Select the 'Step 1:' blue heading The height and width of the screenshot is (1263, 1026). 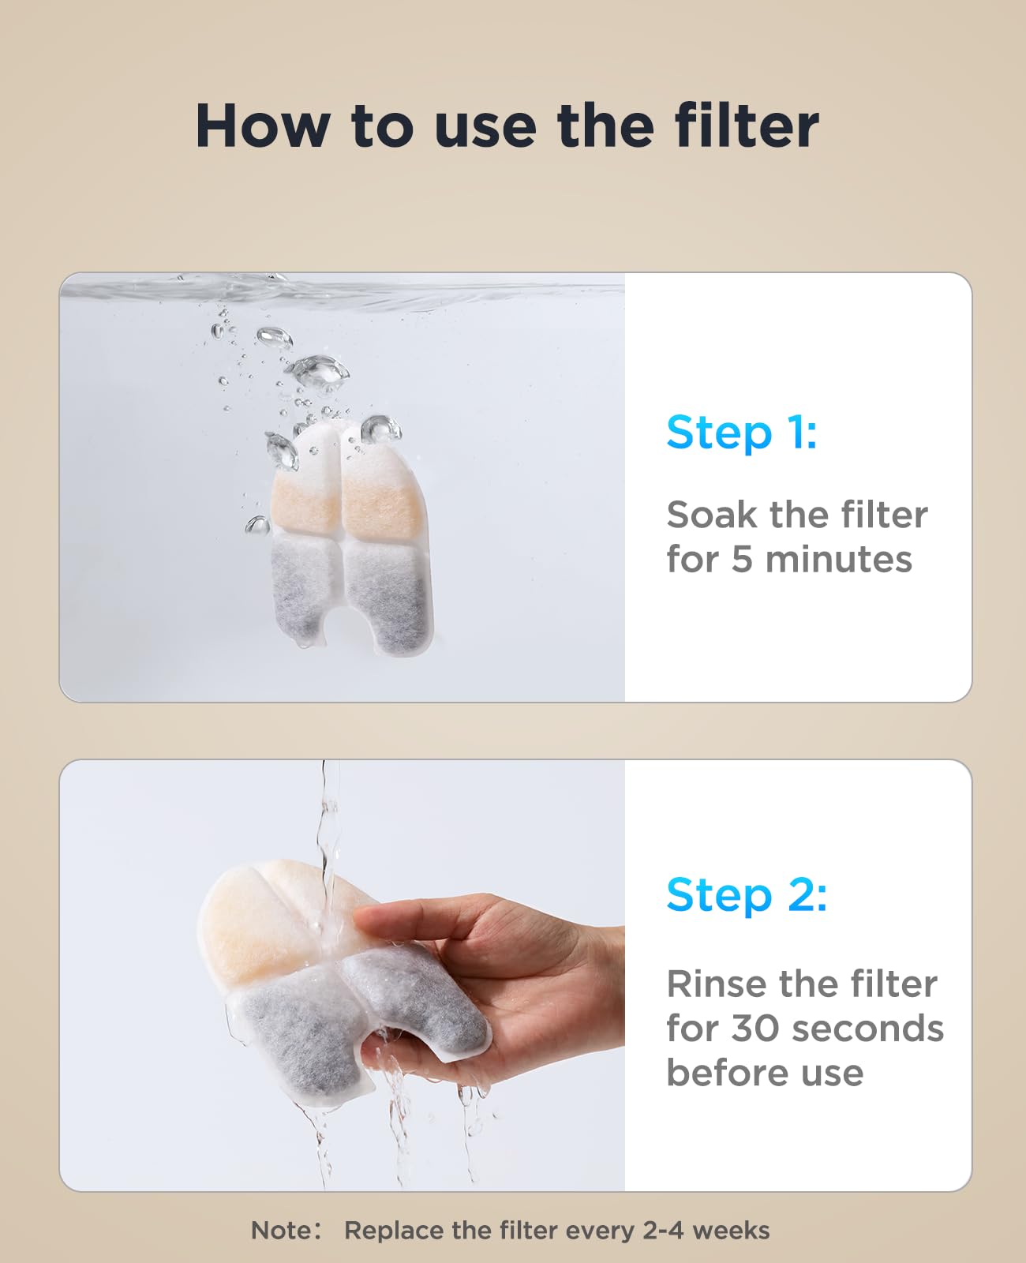(x=742, y=433)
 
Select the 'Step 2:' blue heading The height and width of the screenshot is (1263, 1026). (x=747, y=895)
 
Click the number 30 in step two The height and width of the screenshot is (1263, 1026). (x=756, y=1029)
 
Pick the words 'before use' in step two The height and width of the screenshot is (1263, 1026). (x=764, y=1073)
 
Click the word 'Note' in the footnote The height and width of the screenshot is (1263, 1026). (x=281, y=1231)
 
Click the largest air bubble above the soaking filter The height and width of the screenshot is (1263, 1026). (x=318, y=371)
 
